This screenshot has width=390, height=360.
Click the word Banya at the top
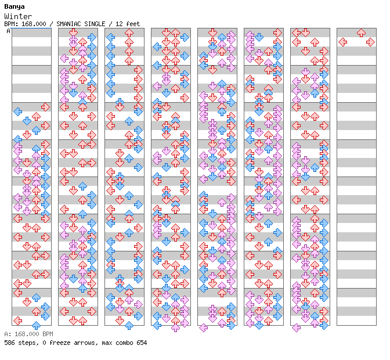pos(15,7)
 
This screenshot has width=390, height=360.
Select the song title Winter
pos(18,16)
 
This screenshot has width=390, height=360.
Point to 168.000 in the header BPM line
pos(34,24)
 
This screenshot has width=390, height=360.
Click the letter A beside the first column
pos(9,31)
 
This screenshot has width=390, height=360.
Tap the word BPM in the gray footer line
pos(48,334)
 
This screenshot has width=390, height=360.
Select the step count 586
pos(9,343)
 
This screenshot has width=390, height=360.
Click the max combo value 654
pos(142,343)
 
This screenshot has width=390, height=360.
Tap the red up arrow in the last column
pos(361,33)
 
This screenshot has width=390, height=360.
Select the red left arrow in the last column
pos(343,42)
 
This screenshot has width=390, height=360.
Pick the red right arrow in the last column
pos(370,42)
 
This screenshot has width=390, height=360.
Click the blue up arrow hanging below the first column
pos(37,325)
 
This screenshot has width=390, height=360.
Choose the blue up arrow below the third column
pos(129,325)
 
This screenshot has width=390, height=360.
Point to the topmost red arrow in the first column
pos(45,107)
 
